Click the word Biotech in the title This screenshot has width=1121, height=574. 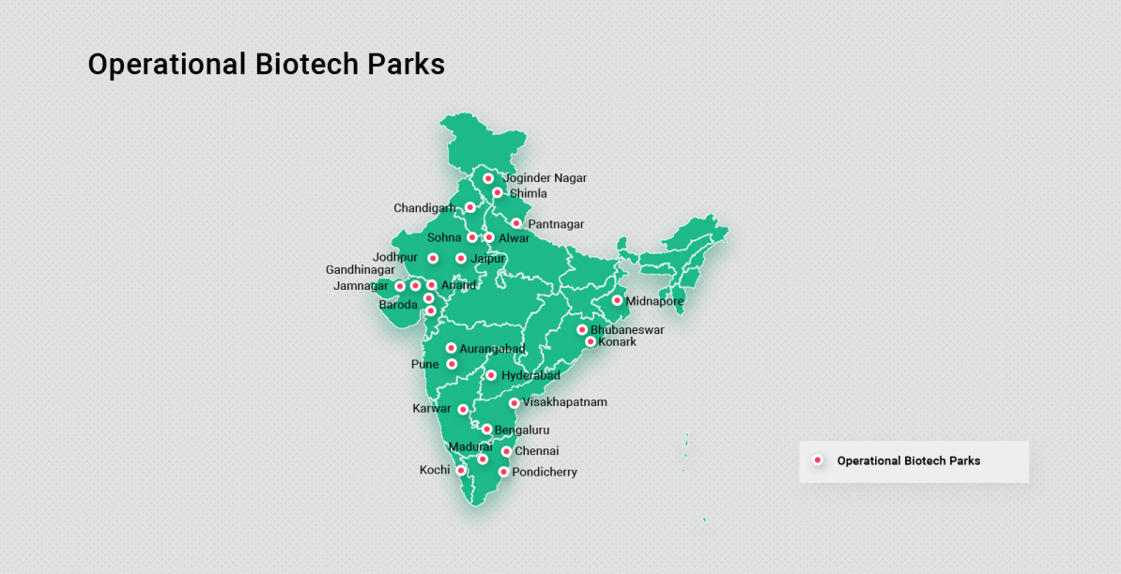[x=307, y=64]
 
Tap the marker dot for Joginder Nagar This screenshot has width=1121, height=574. [x=488, y=178]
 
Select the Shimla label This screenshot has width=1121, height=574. [x=528, y=193]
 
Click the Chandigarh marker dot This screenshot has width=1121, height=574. [x=470, y=207]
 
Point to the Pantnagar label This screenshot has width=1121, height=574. [x=556, y=224]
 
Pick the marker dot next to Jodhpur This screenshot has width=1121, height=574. [x=433, y=258]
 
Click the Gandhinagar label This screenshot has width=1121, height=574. [x=361, y=270]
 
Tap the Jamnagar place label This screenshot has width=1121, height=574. [x=361, y=286]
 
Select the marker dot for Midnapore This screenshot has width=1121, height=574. [x=617, y=300]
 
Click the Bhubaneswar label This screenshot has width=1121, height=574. [x=627, y=330]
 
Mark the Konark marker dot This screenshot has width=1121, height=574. [x=591, y=341]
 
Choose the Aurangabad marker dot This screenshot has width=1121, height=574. [x=451, y=348]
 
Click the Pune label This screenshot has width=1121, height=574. [x=424, y=364]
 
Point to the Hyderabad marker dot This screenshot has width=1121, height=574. [x=491, y=375]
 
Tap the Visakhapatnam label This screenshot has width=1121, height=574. [x=565, y=402]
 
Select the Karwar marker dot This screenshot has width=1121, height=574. [x=463, y=409]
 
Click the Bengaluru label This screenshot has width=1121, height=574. [x=522, y=430]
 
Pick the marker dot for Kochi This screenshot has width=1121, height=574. [x=461, y=470]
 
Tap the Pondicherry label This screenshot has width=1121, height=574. [x=545, y=473]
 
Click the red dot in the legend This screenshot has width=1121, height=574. [x=818, y=461]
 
